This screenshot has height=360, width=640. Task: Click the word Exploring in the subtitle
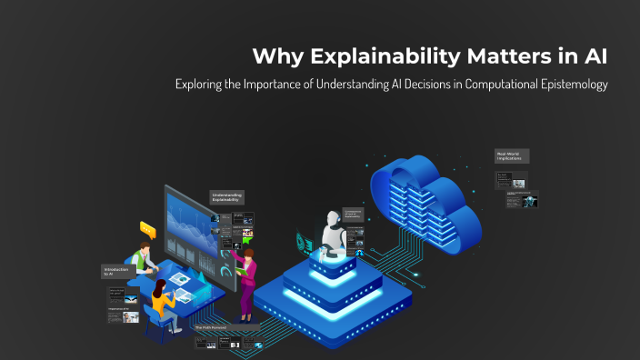tap(202, 85)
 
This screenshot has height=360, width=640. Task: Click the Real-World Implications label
tap(512, 156)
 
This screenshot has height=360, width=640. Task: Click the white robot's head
tap(332, 222)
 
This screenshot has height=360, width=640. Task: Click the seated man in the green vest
tap(141, 260)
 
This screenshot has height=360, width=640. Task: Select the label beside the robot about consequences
tap(354, 215)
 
